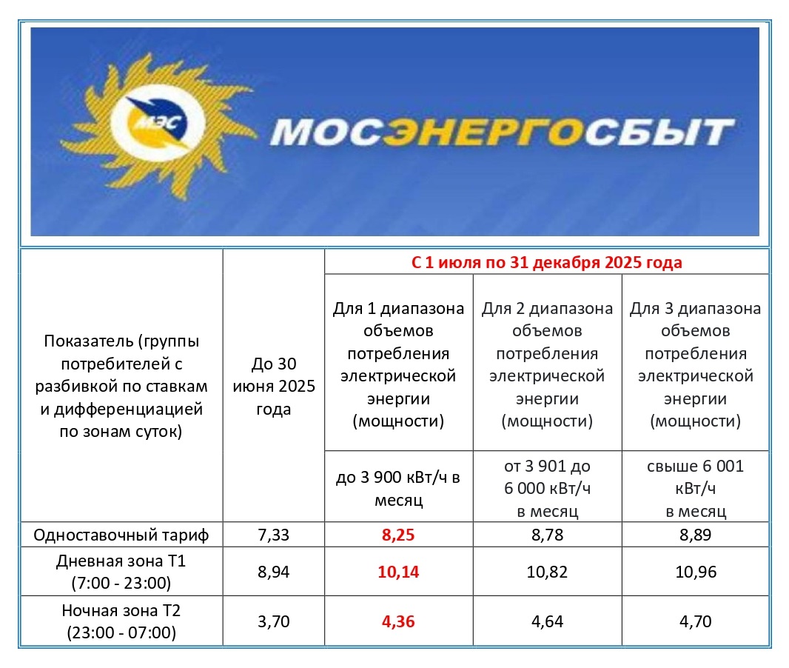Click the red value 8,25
click(398, 535)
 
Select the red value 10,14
click(398, 572)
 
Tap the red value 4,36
click(398, 621)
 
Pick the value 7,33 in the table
click(273, 535)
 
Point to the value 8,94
click(273, 572)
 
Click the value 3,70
click(273, 621)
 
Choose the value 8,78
click(547, 535)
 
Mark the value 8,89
click(695, 535)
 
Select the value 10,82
click(547, 572)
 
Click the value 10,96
click(695, 572)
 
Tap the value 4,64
click(547, 621)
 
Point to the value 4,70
click(695, 621)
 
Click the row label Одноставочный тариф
click(122, 535)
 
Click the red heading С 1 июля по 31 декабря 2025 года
click(546, 262)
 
